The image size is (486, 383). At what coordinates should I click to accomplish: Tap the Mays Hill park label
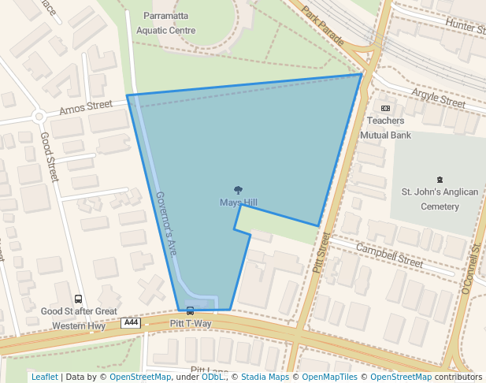[238, 203]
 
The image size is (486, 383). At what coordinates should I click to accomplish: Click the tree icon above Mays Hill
[238, 189]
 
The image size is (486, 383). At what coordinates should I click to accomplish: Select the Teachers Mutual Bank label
[386, 128]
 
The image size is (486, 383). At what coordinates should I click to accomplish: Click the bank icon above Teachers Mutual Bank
[385, 108]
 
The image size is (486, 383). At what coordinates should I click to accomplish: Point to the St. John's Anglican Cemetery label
[440, 199]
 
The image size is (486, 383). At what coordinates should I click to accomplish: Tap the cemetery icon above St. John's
[440, 180]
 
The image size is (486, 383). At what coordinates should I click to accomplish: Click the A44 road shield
[131, 323]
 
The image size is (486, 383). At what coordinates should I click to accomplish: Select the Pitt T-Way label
[191, 324]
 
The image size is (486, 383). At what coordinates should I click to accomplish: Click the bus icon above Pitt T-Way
[190, 310]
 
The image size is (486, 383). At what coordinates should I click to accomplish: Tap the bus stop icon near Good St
[78, 299]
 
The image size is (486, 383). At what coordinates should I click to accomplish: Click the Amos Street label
[86, 106]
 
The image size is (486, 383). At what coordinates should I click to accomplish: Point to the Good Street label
[49, 157]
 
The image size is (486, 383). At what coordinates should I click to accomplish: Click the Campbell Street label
[389, 255]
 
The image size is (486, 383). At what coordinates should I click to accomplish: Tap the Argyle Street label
[438, 98]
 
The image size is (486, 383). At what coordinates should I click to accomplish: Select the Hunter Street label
[465, 26]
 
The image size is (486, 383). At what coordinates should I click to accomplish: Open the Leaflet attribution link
[44, 377]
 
